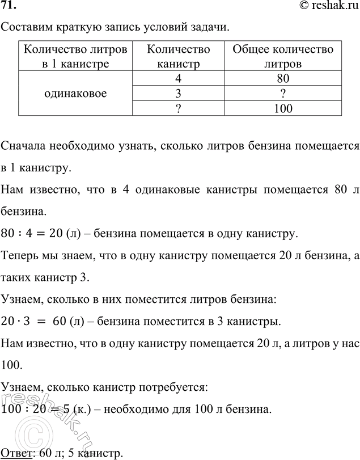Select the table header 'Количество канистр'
pos(178,56)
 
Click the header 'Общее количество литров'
pos(283,56)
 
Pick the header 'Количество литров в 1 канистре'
pos(75,56)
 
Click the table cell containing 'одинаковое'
pos(75,92)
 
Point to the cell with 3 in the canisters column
pos(178,92)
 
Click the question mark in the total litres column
pos(283,92)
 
